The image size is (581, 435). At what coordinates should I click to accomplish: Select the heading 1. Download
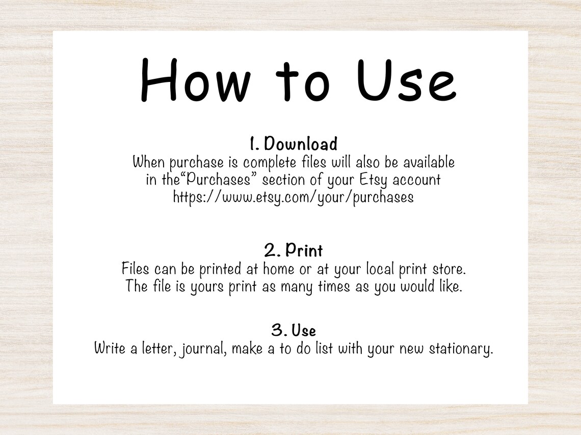tap(293, 144)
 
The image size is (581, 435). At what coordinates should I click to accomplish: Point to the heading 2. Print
tap(293, 250)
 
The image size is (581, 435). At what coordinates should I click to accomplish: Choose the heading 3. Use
tap(293, 331)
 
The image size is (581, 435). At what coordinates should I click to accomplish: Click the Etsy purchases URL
tap(293, 197)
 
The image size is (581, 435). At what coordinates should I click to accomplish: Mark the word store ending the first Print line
tap(449, 268)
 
